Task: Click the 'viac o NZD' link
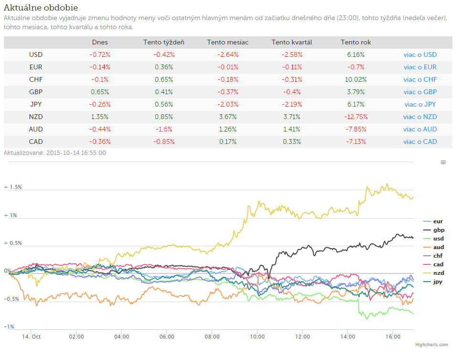click(420, 117)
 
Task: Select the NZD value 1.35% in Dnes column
click(100, 117)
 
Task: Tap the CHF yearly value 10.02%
click(355, 79)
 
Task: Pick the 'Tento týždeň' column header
click(164, 42)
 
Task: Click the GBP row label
click(36, 92)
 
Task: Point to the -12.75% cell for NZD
click(355, 117)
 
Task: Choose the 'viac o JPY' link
click(420, 105)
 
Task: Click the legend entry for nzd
click(434, 273)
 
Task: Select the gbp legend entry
click(434, 230)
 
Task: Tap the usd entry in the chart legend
click(434, 239)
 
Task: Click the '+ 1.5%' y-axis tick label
click(13, 187)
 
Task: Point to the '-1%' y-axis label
click(9, 327)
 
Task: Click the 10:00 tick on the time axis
click(257, 337)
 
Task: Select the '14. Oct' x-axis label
click(31, 337)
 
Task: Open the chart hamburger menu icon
click(443, 163)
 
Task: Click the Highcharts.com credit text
click(431, 345)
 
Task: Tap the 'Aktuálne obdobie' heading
click(41, 8)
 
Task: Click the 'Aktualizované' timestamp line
click(55, 153)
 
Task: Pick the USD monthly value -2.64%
click(228, 55)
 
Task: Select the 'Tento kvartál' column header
click(291, 42)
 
